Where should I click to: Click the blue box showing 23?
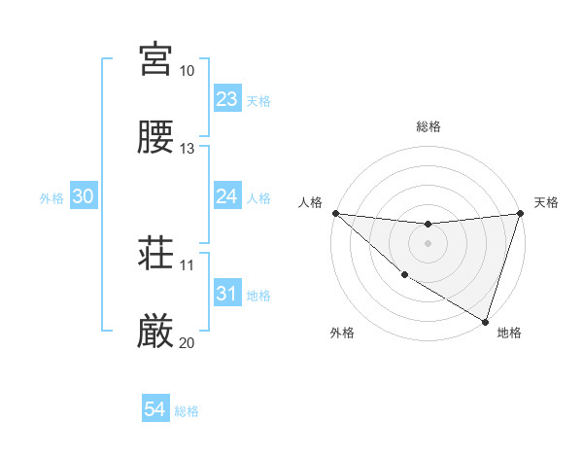pyautogui.click(x=226, y=99)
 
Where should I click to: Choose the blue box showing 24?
pyautogui.click(x=226, y=196)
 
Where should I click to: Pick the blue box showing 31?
pyautogui.click(x=226, y=294)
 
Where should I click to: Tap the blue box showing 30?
pyautogui.click(x=84, y=196)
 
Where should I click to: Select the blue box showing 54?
pyautogui.click(x=154, y=409)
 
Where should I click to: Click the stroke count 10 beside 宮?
pyautogui.click(x=187, y=71)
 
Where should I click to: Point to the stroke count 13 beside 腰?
pyautogui.click(x=187, y=149)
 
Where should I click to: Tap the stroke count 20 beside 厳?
pyautogui.click(x=187, y=343)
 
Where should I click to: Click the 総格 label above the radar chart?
pyautogui.click(x=428, y=126)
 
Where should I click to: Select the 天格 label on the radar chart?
pyautogui.click(x=546, y=202)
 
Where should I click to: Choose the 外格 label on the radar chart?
pyautogui.click(x=342, y=333)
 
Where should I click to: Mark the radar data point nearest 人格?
pyautogui.click(x=335, y=213)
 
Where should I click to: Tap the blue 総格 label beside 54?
pyautogui.click(x=187, y=411)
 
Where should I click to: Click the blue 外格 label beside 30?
pyautogui.click(x=51, y=198)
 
